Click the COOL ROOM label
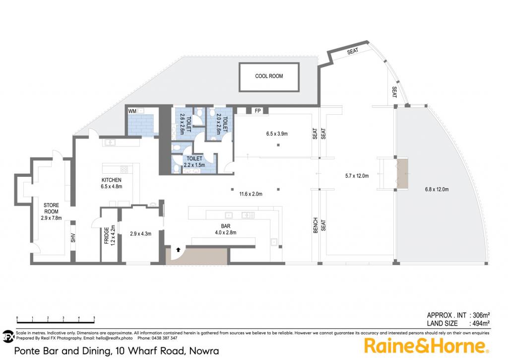269,76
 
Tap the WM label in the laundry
132,111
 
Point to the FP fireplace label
257,111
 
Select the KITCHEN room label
112,180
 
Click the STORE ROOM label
51,208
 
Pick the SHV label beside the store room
73,238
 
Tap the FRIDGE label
107,235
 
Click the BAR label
226,226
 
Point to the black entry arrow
178,249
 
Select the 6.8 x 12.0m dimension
437,189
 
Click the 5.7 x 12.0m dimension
357,176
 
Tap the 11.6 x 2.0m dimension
251,194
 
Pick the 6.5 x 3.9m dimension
277,134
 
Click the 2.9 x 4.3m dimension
140,233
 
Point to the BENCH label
316,225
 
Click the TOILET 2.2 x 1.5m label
194,161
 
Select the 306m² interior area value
481,315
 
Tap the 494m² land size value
481,323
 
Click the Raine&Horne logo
427,346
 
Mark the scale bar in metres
56,320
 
